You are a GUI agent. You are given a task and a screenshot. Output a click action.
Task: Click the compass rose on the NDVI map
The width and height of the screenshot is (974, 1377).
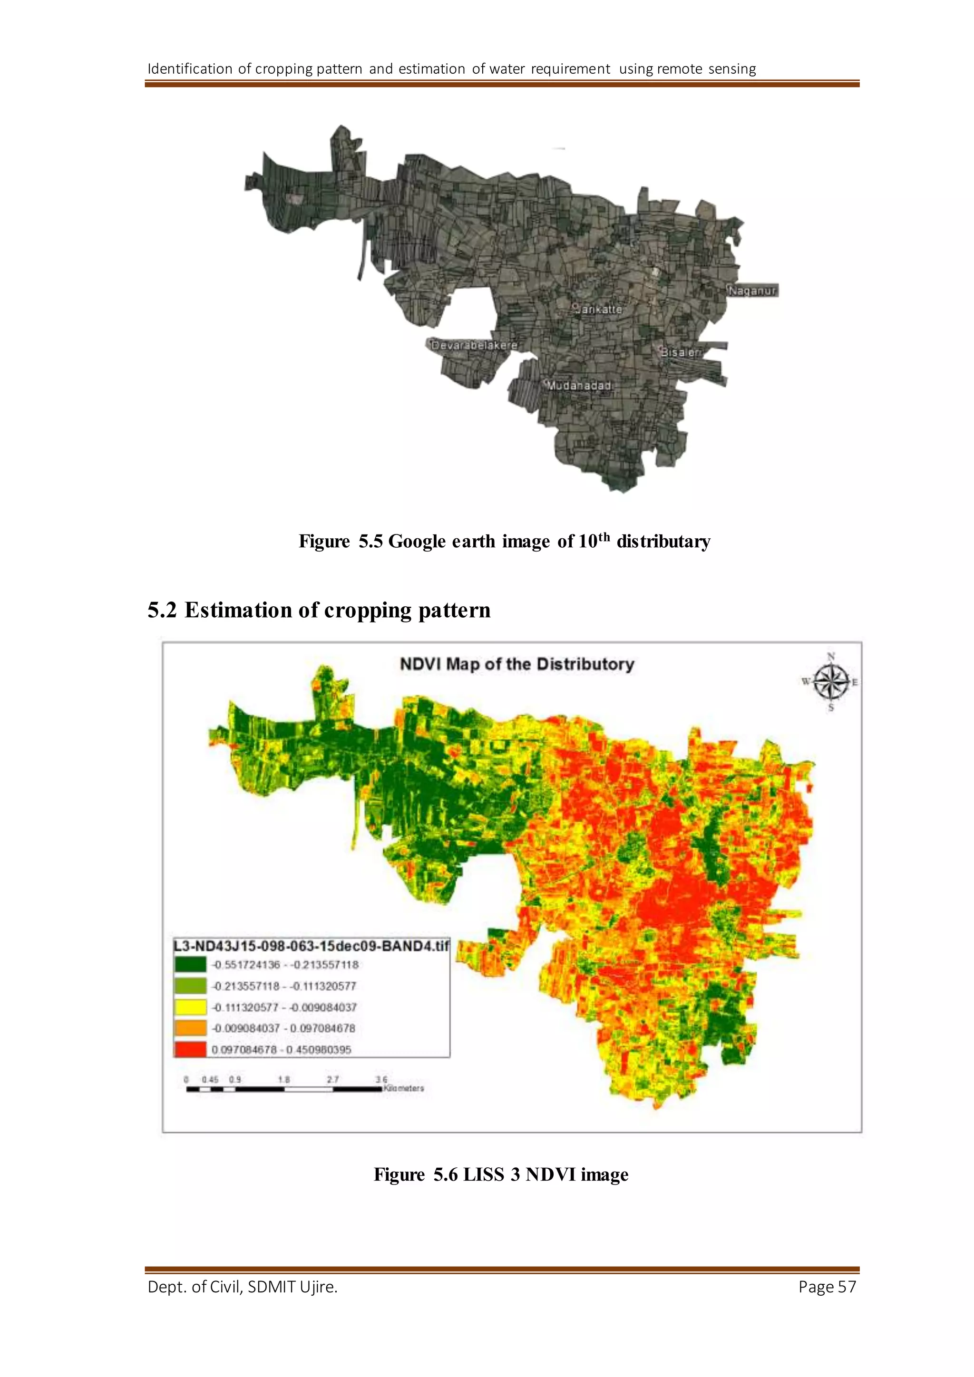click(x=831, y=682)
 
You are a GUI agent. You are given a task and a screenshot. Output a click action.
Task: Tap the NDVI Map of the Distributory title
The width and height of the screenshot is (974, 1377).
click(x=516, y=665)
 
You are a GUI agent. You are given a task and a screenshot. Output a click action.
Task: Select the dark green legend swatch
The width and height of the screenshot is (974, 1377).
click(x=190, y=964)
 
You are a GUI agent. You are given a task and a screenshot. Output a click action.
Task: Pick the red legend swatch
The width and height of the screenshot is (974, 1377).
click(x=190, y=1049)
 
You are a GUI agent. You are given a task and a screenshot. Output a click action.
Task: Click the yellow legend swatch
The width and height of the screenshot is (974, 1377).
click(x=190, y=1007)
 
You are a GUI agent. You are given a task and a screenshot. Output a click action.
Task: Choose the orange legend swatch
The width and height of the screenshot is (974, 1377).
click(x=190, y=1028)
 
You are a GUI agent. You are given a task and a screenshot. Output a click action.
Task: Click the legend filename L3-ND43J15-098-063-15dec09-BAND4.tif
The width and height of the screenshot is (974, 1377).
click(x=311, y=946)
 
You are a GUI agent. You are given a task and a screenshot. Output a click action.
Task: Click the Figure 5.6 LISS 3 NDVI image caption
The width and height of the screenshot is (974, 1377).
click(x=501, y=1174)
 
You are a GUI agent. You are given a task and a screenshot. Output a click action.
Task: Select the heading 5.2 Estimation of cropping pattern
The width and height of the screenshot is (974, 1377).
click(x=319, y=610)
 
